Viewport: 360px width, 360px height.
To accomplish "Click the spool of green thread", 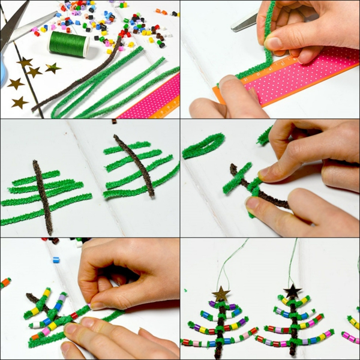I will pyautogui.click(x=68, y=44).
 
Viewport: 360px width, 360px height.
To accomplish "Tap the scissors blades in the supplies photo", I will pyautogui.click(x=24, y=27).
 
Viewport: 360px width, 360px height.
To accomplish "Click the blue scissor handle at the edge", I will pyautogui.click(x=2, y=72).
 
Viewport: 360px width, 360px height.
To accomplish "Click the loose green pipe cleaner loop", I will pyautogui.click(x=203, y=145).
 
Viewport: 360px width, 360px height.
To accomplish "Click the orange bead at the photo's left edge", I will pyautogui.click(x=5, y=282).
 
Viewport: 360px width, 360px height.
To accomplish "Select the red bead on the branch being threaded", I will pyautogui.click(x=74, y=315).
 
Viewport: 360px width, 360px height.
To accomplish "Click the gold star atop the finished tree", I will pyautogui.click(x=221, y=293).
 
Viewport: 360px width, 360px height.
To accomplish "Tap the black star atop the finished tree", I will pyautogui.click(x=292, y=292).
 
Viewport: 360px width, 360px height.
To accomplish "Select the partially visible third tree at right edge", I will pyautogui.click(x=352, y=327).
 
